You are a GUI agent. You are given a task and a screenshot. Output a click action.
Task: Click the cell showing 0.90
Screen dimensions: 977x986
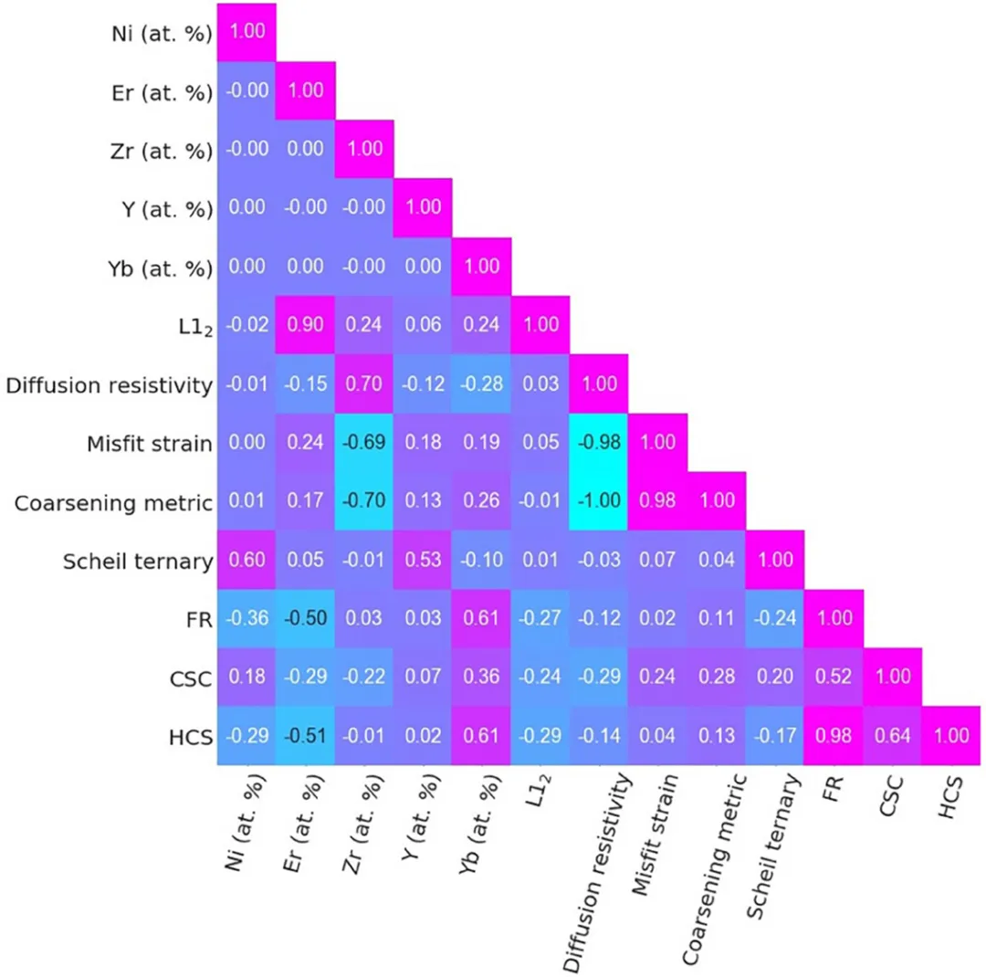(306, 325)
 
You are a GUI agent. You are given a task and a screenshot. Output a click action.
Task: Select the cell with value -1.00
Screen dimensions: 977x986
(598, 500)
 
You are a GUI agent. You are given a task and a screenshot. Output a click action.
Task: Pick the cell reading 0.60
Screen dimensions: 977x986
(246, 559)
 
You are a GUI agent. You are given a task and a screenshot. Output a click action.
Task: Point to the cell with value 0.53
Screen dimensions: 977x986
(423, 559)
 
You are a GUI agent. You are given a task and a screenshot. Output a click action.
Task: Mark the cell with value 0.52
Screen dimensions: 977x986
(833, 677)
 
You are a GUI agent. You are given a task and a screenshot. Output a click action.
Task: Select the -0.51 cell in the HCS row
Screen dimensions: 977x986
(306, 735)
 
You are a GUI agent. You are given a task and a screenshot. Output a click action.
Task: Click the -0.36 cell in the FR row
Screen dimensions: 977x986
(246, 618)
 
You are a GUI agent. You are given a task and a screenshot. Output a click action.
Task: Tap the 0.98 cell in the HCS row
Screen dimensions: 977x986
(833, 735)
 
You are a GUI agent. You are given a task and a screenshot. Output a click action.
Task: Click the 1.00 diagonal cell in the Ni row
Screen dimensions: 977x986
(246, 32)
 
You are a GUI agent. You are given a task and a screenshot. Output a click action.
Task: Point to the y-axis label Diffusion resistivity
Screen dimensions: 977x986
(110, 384)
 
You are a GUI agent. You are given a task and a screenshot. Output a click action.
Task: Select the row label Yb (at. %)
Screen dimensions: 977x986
(161, 268)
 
